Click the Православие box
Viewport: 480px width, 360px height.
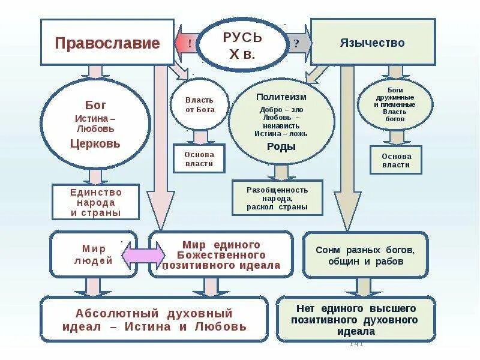click(107, 43)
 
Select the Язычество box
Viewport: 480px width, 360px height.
click(372, 42)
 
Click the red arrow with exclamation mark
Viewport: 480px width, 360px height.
click(187, 43)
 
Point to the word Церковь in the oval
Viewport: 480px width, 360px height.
click(95, 144)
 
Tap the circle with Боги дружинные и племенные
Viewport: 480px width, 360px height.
click(395, 104)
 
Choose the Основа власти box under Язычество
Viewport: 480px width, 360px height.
click(395, 159)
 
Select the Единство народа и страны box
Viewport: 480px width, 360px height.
click(95, 202)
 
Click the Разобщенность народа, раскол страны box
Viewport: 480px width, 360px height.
click(277, 198)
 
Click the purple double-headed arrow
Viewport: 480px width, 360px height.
click(143, 254)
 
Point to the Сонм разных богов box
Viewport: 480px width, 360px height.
click(365, 255)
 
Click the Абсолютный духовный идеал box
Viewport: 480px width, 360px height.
click(154, 319)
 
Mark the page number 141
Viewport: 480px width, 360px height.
click(356, 344)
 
